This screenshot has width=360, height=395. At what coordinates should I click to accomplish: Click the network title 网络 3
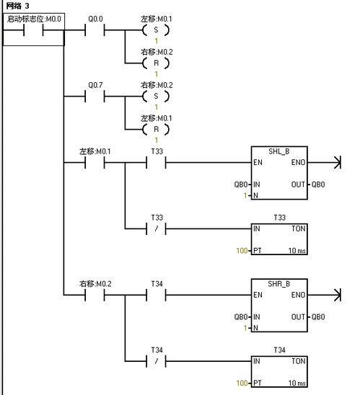coord(17,6)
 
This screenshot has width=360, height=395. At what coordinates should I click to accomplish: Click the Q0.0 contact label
coord(95,19)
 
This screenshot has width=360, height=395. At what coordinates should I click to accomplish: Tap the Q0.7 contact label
coord(95,85)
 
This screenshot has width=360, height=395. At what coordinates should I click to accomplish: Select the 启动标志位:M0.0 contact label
coord(34,19)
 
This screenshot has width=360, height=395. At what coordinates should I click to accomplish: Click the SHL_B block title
coord(279,151)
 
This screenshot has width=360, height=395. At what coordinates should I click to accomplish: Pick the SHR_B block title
coord(279,284)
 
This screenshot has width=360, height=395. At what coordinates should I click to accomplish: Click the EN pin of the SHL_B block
coord(258,162)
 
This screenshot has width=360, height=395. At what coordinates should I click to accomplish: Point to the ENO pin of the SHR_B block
coord(298,295)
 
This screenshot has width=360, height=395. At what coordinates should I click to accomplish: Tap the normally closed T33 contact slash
coord(157,228)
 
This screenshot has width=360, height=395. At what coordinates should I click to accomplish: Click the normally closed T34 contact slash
coord(157,361)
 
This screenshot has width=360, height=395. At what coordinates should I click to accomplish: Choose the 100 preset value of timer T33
coord(242,251)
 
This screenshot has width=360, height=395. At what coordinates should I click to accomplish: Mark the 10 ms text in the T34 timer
coord(297,383)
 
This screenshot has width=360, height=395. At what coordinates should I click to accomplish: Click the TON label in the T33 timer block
coord(299,228)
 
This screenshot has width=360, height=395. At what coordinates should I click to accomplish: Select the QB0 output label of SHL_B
coord(318,185)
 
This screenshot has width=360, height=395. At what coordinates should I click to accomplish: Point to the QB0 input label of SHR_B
coord(241,317)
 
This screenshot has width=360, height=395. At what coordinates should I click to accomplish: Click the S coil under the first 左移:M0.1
coord(156,30)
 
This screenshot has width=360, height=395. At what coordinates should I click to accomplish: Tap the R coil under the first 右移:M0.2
coord(156,63)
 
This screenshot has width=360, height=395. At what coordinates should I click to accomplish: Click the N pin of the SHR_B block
coord(255,328)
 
